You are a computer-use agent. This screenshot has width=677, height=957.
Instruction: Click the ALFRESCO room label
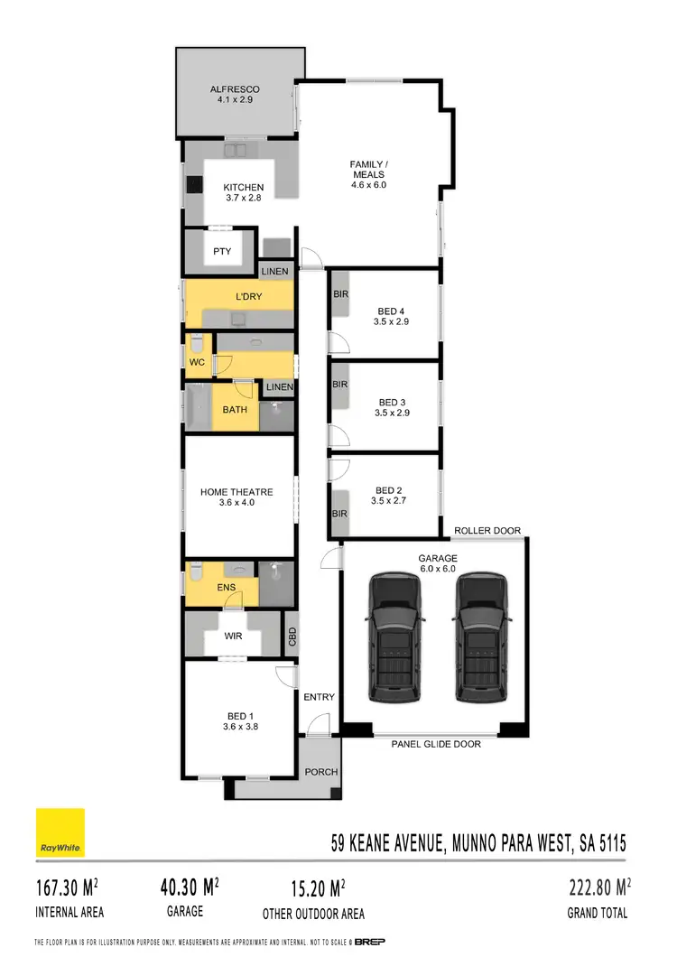tap(235, 89)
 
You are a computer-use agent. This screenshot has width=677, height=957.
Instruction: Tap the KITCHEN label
tap(243, 188)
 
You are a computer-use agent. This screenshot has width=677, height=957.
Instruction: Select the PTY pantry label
tap(221, 252)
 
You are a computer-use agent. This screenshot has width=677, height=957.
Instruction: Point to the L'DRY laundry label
tap(248, 297)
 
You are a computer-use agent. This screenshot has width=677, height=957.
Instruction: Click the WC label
tap(198, 362)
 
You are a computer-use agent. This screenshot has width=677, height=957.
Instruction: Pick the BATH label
tap(235, 410)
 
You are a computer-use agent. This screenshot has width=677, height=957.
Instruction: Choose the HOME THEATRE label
tap(236, 492)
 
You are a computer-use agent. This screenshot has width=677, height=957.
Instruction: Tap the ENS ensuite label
tap(227, 588)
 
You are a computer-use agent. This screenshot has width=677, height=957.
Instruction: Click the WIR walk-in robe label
tap(232, 635)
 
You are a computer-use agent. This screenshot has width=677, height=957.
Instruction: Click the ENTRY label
tap(319, 697)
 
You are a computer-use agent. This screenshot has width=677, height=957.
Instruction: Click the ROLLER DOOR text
tap(487, 530)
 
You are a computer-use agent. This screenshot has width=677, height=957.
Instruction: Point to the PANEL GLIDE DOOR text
tap(436, 745)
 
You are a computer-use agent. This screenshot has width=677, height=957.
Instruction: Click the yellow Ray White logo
tap(60, 832)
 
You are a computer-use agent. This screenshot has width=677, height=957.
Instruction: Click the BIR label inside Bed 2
tap(340, 514)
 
